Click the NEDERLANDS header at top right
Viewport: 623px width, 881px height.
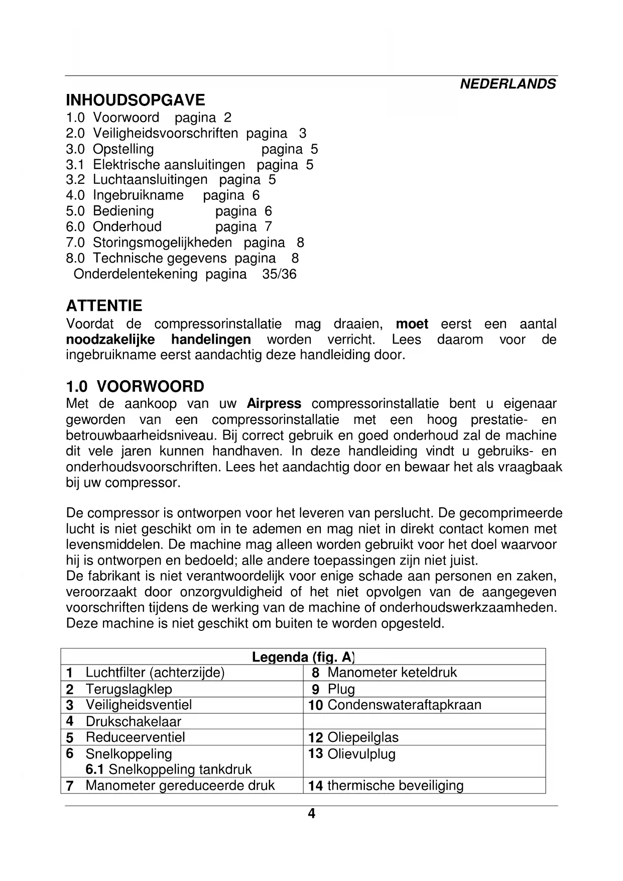click(508, 84)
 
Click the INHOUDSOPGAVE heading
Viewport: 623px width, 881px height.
click(136, 99)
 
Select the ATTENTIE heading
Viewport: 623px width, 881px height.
click(104, 306)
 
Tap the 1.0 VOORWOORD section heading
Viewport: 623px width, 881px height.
click(135, 387)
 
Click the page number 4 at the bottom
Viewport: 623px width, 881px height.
click(311, 814)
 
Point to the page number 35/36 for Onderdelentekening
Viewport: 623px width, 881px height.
click(279, 274)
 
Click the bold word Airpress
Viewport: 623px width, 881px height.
click(274, 404)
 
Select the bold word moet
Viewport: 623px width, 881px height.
click(412, 324)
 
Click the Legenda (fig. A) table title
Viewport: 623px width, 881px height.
click(303, 657)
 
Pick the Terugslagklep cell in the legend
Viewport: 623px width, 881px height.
click(129, 689)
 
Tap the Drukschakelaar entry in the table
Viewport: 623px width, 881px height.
click(133, 721)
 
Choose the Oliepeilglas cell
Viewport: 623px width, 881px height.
click(362, 737)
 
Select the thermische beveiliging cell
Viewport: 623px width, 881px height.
click(395, 786)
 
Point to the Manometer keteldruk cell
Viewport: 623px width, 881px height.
click(392, 673)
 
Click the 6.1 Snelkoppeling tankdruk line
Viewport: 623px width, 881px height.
click(168, 769)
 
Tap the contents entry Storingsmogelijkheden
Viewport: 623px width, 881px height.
click(162, 243)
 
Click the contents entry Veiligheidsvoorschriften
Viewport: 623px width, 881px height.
click(165, 133)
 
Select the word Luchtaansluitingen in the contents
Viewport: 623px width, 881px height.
click(150, 180)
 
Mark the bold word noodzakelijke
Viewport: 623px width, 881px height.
click(110, 340)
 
